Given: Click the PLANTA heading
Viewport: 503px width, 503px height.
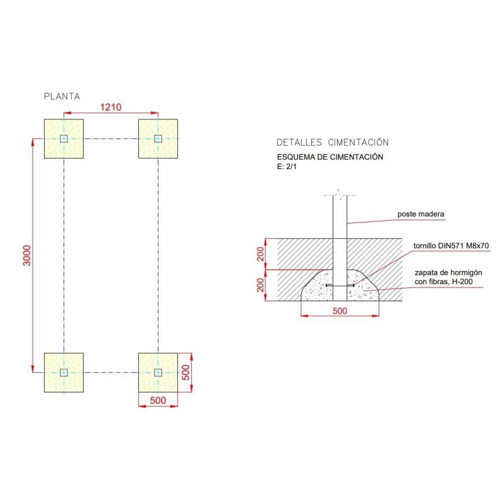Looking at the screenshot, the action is (x=62, y=96).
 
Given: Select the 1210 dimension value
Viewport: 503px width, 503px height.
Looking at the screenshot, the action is (x=111, y=107).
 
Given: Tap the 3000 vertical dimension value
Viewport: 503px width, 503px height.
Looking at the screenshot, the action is (x=27, y=255).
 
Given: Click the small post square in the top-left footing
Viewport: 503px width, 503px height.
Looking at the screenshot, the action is (x=64, y=138).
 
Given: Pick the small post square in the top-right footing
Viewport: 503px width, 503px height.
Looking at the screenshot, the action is (x=158, y=138).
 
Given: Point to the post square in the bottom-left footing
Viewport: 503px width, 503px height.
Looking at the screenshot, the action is (x=64, y=372).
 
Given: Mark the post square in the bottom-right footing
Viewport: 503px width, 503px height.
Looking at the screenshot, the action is (x=158, y=372).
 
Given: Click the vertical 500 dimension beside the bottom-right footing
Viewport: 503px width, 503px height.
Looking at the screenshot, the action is (x=185, y=372).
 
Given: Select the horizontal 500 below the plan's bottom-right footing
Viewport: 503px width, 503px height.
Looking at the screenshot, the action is (x=158, y=401).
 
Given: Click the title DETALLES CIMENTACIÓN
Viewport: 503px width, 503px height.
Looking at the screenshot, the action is (x=333, y=142).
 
